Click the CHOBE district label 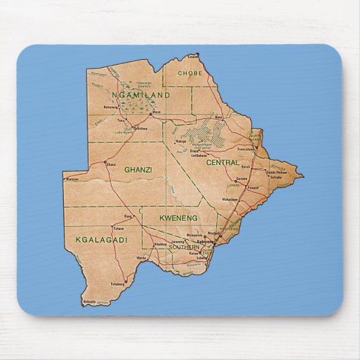coord(191,73)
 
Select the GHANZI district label coord(138,170)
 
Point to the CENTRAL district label coord(223,163)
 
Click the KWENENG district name coord(178,218)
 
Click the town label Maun coord(157,112)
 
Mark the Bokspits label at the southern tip coord(88,301)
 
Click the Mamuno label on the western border coord(73,179)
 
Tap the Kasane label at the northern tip coord(194,56)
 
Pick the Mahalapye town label coord(228,200)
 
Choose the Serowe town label coord(246,167)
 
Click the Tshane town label coord(119,229)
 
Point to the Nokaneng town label coord(111,107)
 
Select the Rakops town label coord(181,141)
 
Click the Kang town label coord(128,217)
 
